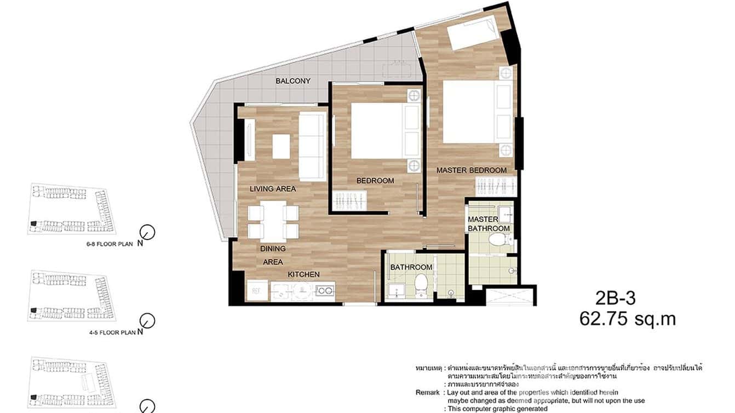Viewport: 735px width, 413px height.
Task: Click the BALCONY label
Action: coord(293,81)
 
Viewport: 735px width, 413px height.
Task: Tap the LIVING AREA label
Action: coord(273,189)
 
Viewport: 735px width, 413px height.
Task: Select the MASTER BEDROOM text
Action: coord(471,170)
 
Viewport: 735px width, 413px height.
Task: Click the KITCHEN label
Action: coord(304,274)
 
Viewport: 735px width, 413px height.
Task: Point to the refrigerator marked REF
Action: coord(256,291)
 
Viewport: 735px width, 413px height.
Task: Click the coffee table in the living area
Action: coord(281,146)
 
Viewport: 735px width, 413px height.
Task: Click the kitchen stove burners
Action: coord(325,291)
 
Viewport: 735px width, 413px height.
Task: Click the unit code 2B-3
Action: coord(615,299)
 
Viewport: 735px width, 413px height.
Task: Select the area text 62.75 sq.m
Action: coord(627,318)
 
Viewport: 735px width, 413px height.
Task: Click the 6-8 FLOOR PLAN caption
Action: coord(110,244)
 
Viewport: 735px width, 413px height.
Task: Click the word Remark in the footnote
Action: coord(427,393)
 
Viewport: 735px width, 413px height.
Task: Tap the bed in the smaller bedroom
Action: coord(378,131)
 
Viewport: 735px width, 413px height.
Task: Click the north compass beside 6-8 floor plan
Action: coord(147,232)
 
